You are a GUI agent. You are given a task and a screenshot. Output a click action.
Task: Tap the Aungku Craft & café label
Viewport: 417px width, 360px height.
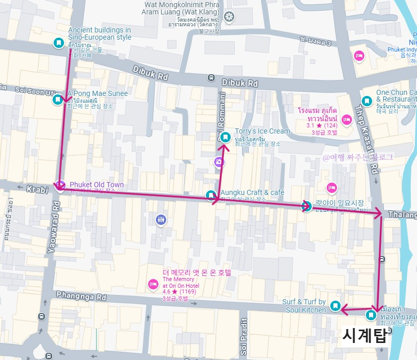click(x=252, y=192)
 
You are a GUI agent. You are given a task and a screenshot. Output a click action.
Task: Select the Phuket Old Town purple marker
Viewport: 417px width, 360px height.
click(x=60, y=185)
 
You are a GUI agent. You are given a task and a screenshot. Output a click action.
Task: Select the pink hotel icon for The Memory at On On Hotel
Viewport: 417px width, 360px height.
click(x=153, y=284)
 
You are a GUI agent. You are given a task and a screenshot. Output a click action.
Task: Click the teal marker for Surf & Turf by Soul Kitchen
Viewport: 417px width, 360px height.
click(x=335, y=306)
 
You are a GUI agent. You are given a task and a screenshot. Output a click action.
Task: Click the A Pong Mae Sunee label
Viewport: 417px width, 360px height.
click(x=98, y=93)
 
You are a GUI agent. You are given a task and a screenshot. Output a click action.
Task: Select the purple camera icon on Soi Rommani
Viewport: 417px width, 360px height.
click(x=219, y=162)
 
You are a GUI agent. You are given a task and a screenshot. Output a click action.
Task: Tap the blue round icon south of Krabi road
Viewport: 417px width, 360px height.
click(x=162, y=220)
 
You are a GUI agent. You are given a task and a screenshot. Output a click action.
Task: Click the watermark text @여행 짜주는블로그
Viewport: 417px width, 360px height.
click(x=358, y=157)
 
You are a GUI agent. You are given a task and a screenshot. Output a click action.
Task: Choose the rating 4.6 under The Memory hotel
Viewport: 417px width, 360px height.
click(x=167, y=291)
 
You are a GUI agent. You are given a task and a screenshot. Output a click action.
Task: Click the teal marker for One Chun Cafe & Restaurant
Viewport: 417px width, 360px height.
click(x=366, y=101)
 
